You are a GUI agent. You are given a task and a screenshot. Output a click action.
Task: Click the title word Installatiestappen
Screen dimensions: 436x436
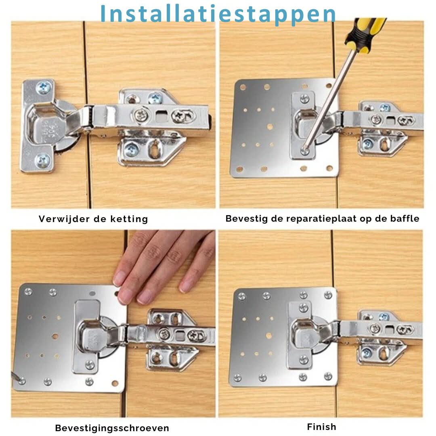point(218,14)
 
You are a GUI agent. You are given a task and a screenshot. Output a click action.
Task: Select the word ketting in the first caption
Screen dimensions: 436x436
point(132,219)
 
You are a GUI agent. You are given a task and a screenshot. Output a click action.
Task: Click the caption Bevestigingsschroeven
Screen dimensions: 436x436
point(112,428)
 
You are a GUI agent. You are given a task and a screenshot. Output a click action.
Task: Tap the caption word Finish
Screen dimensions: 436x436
point(321,427)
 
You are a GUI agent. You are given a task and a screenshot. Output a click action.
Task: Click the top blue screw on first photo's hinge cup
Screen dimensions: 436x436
point(43,87)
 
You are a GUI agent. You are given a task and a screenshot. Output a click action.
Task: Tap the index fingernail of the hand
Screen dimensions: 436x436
point(120,278)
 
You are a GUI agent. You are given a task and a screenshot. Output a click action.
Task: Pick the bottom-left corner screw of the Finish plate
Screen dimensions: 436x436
point(238,378)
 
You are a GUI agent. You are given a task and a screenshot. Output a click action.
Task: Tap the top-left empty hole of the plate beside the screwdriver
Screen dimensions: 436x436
point(243,87)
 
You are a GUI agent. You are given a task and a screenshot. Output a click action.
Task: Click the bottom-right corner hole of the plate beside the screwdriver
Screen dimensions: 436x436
point(329,168)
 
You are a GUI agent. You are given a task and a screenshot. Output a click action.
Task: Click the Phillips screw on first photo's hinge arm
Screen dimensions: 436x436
point(141,115)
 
